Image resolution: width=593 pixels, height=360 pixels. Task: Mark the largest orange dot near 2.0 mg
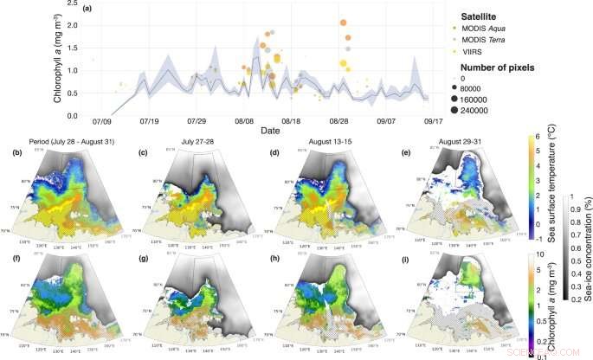coord(344,22)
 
